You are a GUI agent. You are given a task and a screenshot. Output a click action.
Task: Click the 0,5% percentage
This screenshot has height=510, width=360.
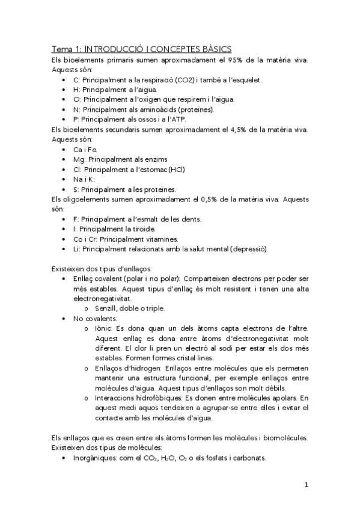pos(221,198)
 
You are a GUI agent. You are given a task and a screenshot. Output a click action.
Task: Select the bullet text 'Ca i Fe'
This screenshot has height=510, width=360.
pos(85,149)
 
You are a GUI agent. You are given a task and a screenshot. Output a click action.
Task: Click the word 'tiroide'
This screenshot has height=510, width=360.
pos(147,229)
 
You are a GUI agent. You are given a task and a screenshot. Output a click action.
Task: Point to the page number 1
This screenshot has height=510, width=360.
pos(306,485)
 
